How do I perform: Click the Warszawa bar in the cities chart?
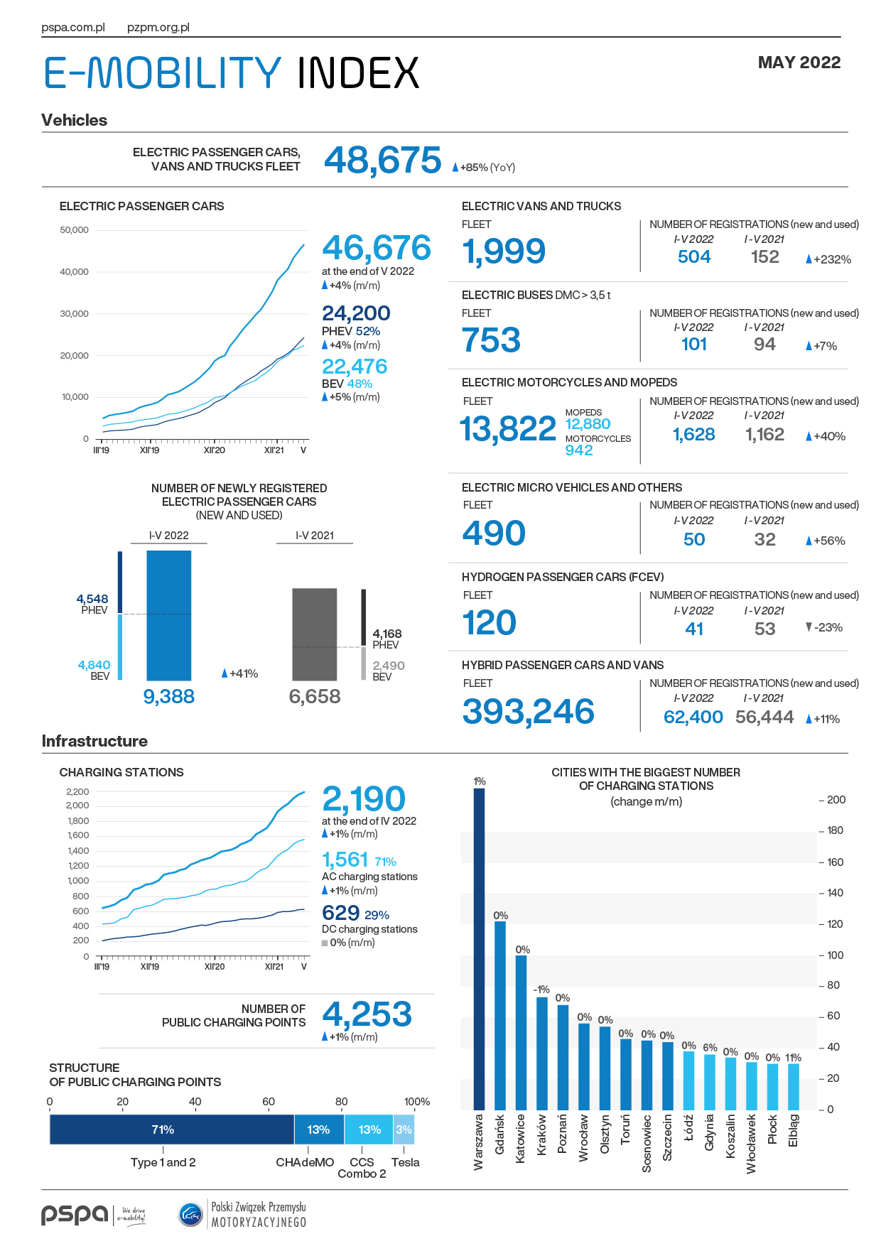[x=479, y=949]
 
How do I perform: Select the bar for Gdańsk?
[x=500, y=1015]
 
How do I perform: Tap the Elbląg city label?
[x=793, y=1130]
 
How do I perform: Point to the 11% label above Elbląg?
[x=793, y=1058]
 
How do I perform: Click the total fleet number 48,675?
[x=382, y=160]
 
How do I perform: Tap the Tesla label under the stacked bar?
[x=405, y=1162]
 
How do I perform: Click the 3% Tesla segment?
[x=404, y=1129]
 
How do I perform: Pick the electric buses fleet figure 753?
[x=491, y=340]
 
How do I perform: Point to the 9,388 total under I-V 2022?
[x=169, y=696]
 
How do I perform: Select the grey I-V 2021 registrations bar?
[x=315, y=634]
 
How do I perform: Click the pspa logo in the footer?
[x=75, y=1215]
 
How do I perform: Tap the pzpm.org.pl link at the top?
[x=158, y=28]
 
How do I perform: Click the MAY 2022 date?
[x=799, y=63]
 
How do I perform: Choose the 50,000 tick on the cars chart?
[x=75, y=230]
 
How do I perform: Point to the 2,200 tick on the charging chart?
[x=77, y=791]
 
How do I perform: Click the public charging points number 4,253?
[x=367, y=1014]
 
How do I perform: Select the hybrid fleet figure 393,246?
[x=528, y=712]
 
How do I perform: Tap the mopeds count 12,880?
[x=588, y=424]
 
